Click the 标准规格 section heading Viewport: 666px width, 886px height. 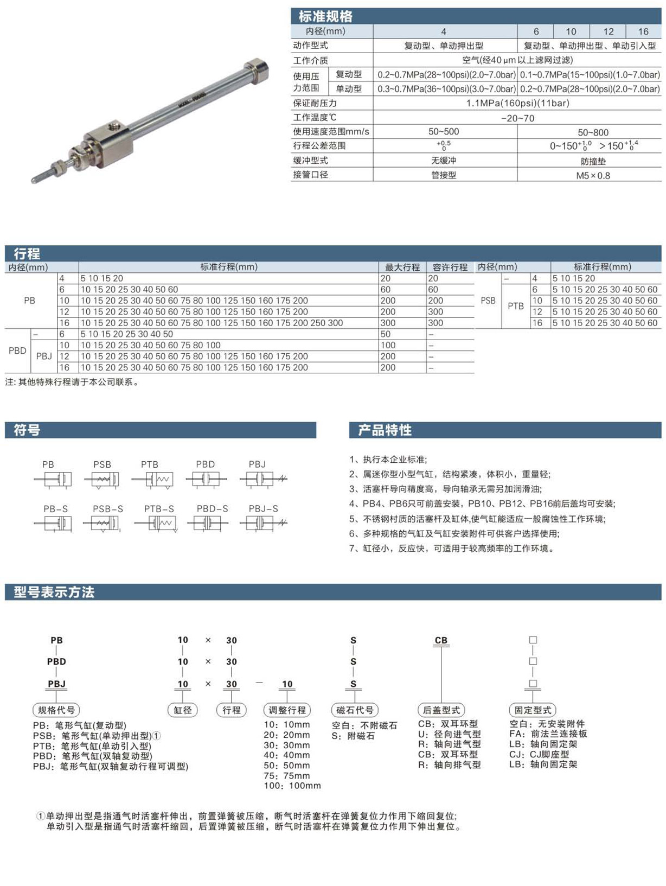[x=325, y=16]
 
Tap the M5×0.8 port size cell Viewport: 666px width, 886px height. [x=592, y=175]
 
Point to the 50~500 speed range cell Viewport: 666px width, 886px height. [x=443, y=132]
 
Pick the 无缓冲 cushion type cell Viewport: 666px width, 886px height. [x=443, y=161]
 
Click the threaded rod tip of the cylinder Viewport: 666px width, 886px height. [x=38, y=176]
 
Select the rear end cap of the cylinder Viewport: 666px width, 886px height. [x=256, y=69]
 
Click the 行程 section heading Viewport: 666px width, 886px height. [x=27, y=253]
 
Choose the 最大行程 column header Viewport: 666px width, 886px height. [x=402, y=267]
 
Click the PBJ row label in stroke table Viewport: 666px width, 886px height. [x=44, y=356]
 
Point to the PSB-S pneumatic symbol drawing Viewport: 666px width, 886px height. [x=103, y=524]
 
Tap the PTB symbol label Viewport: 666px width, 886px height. [x=150, y=464]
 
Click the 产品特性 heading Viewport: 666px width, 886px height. [x=385, y=430]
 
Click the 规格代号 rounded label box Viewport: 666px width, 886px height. [x=56, y=710]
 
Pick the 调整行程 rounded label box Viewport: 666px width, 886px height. [x=287, y=710]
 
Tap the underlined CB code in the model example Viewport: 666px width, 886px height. [x=441, y=640]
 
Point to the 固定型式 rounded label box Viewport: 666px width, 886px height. [x=533, y=710]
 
